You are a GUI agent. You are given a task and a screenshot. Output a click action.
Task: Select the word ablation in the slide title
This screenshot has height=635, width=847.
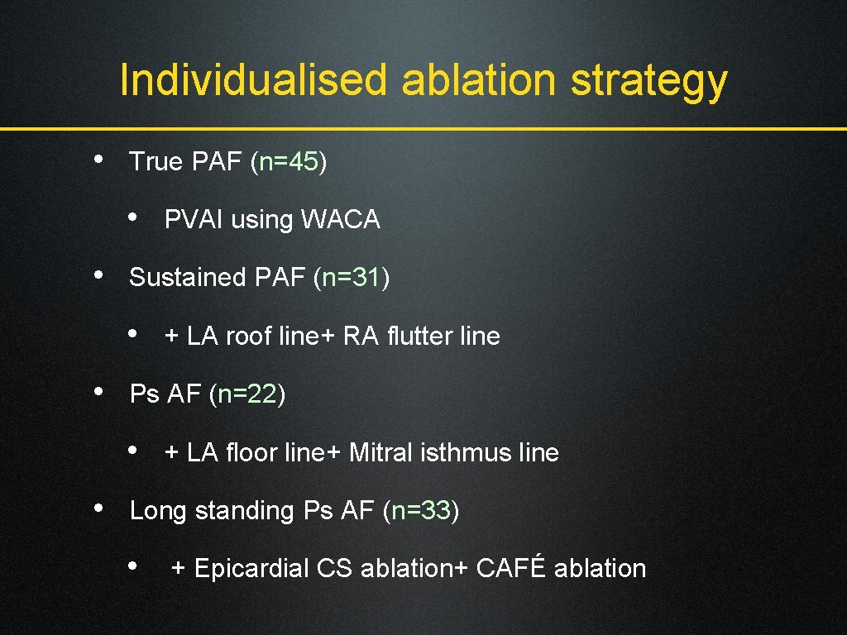pos(479,80)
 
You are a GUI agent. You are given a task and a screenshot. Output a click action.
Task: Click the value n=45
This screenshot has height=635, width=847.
pos(289,161)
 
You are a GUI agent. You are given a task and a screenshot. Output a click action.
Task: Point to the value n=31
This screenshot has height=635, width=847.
pos(352,277)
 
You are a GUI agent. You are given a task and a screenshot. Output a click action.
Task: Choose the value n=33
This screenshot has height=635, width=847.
pos(421,511)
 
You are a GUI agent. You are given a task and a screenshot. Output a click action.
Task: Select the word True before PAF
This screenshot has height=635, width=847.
pos(157,161)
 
